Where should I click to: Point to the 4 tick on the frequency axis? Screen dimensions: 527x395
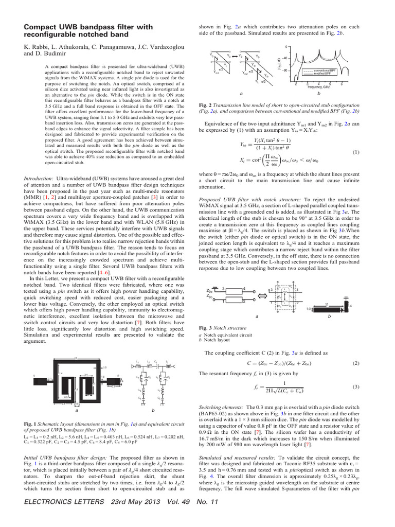(319, 83)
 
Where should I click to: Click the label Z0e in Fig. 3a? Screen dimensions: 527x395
(209, 290)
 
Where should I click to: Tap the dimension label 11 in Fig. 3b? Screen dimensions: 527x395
(327, 305)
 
